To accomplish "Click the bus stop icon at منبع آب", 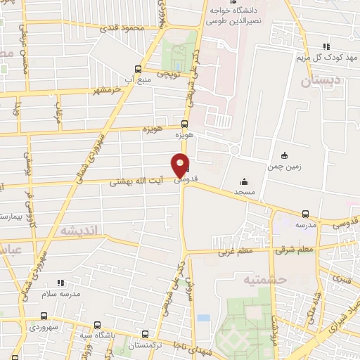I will click(x=138, y=69).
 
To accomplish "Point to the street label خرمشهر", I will click(x=106, y=91).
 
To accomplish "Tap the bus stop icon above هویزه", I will click(x=185, y=124).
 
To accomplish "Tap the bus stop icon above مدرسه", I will click(x=305, y=213).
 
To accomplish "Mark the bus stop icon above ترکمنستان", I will click(x=146, y=336).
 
